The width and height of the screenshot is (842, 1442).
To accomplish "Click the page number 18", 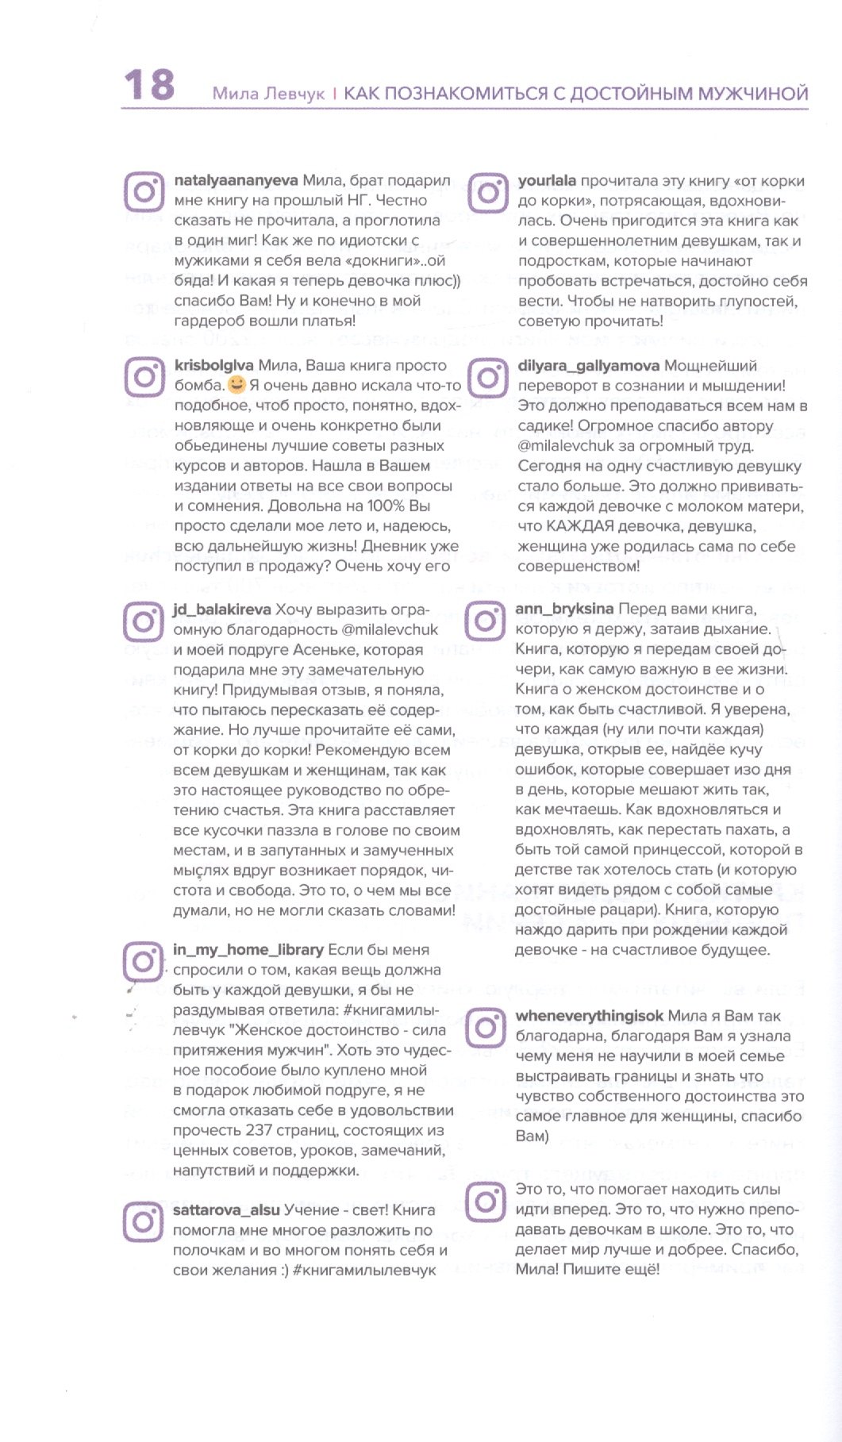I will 149,85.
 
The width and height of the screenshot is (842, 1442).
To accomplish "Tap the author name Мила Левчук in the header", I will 268,94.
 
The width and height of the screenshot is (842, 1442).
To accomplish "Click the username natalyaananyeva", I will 236,181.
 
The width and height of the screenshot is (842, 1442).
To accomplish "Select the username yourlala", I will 547,181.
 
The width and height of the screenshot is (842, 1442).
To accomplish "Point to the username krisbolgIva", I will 213,366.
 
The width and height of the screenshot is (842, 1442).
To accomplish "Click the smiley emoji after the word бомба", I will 236,386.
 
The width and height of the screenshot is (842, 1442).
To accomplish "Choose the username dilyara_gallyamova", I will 588,366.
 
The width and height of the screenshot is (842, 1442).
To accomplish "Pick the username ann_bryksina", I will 564,609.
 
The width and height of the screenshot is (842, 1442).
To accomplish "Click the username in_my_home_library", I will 248,949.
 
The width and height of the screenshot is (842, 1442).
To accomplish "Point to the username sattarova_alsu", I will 226,1209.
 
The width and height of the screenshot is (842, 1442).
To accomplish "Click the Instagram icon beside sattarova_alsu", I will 144,1221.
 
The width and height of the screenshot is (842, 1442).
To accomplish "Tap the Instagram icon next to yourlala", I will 487,193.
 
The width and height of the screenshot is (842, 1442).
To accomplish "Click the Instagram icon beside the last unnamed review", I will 485,1202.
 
